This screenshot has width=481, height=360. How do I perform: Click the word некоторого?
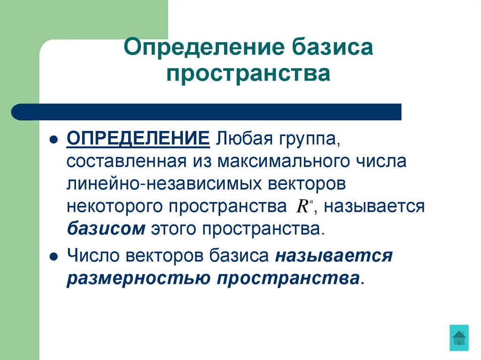[x=116, y=207]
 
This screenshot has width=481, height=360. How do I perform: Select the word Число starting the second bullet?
[x=92, y=256]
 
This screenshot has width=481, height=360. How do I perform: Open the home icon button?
[x=458, y=337]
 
